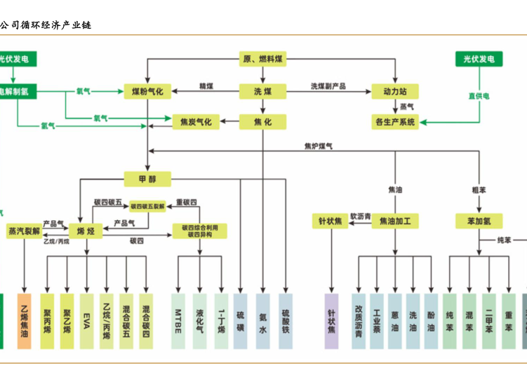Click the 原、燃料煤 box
[262, 58]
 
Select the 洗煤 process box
[262, 91]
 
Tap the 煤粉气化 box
[147, 91]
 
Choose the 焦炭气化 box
[196, 121]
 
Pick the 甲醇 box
[147, 179]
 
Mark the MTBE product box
[179, 320]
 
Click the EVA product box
[86, 320]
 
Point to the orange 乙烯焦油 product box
[25, 320]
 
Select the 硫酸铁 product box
[286, 320]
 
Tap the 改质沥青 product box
[359, 320]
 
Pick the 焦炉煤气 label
[319, 146]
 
